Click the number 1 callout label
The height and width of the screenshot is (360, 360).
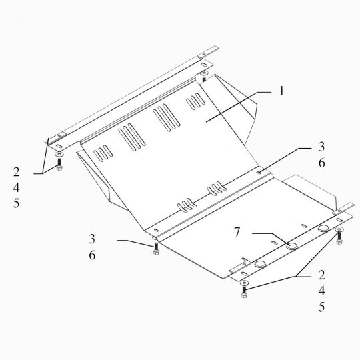point(281,91)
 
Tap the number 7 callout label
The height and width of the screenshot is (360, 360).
point(237,232)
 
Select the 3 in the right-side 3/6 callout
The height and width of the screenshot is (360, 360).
point(321,147)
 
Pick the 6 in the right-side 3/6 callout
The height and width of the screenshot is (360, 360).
point(321,163)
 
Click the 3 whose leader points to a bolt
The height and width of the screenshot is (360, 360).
point(92,239)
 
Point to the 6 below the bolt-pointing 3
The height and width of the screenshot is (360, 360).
point(92,255)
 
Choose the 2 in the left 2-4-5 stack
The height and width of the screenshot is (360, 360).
point(16,172)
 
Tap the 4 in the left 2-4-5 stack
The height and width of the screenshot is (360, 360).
point(16,187)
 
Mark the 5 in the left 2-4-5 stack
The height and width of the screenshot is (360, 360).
point(16,203)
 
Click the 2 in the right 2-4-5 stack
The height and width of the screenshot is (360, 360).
point(321,275)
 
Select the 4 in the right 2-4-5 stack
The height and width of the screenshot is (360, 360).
point(321,291)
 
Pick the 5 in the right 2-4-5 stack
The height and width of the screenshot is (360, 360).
point(321,307)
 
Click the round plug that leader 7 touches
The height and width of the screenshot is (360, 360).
point(292,246)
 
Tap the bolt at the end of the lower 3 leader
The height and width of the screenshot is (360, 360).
point(156,249)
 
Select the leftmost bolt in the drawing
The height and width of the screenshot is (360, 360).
point(59,165)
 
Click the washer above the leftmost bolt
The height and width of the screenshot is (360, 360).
point(59,154)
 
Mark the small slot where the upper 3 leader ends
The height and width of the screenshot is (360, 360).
point(259,173)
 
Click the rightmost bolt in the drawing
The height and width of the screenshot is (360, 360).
point(339,238)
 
